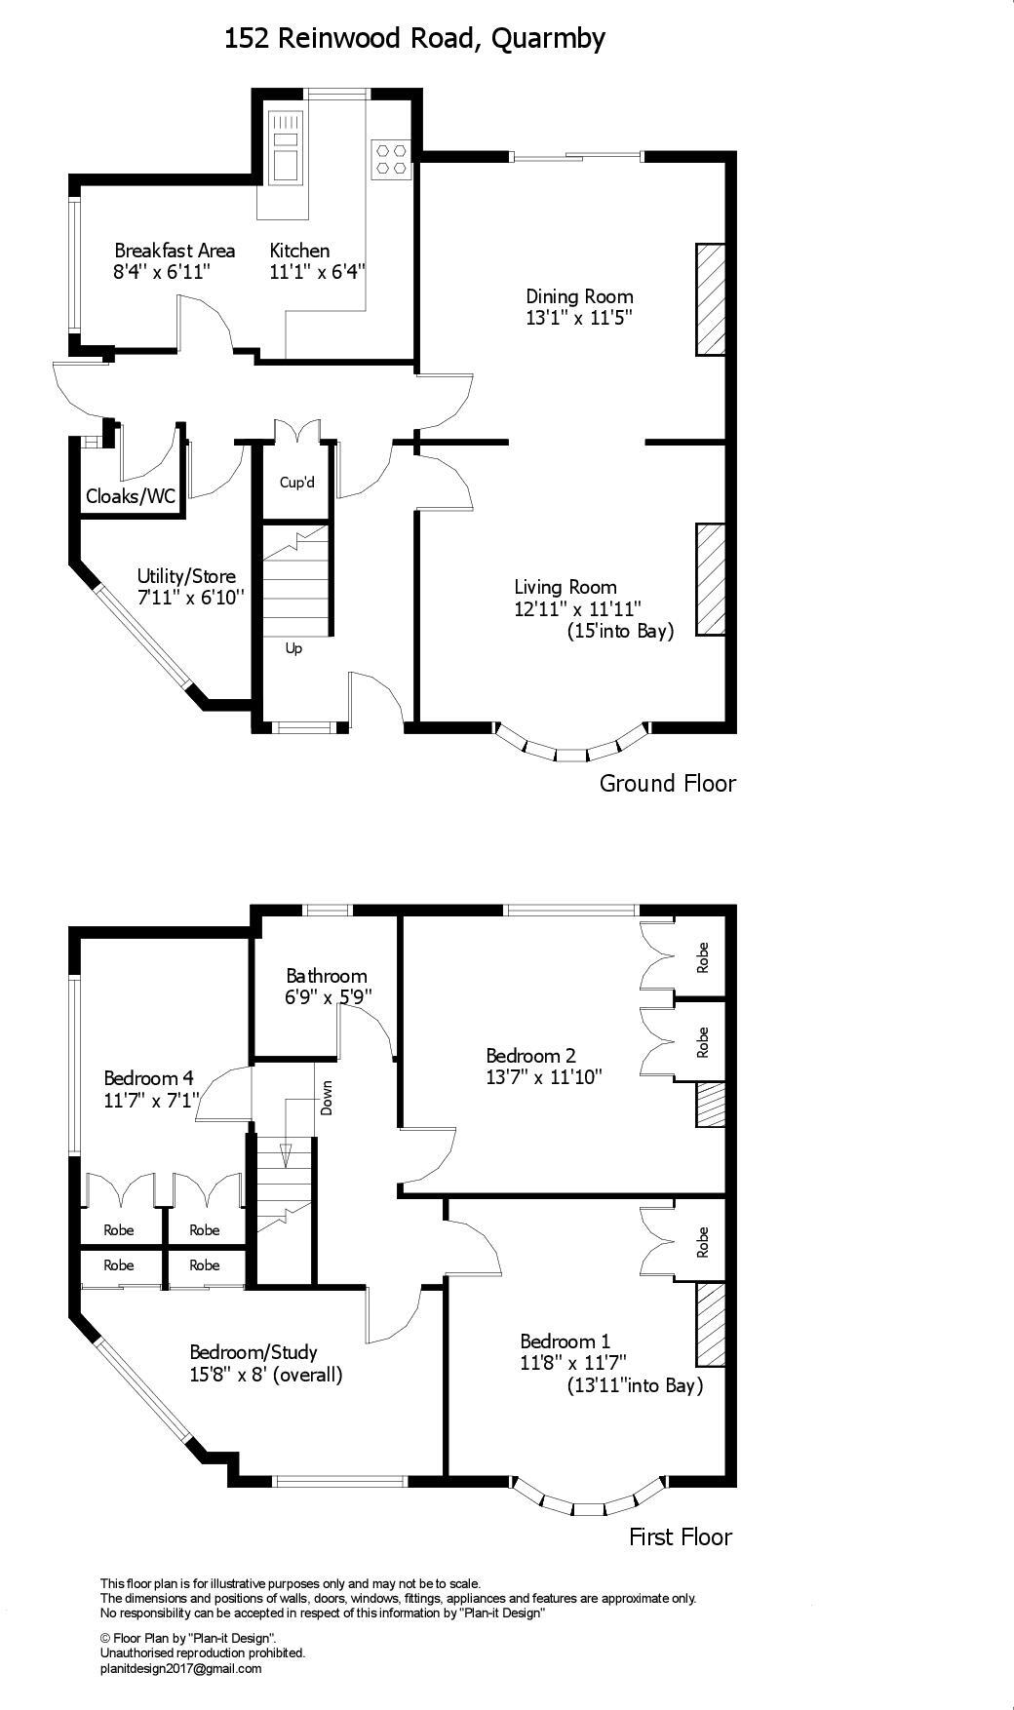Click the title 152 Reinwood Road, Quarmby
(x=414, y=38)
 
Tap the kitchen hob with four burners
(x=392, y=159)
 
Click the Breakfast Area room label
(x=175, y=251)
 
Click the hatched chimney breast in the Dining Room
(x=710, y=298)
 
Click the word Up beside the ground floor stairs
(x=293, y=648)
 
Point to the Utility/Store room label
(x=186, y=576)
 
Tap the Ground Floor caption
(x=667, y=783)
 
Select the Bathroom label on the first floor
(x=327, y=976)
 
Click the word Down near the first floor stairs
(x=327, y=1099)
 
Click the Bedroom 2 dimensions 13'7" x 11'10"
(x=544, y=1077)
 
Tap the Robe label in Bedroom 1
(x=703, y=1242)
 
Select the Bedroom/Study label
(x=253, y=1352)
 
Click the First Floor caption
(x=681, y=1537)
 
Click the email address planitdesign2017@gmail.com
(x=181, y=1668)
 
